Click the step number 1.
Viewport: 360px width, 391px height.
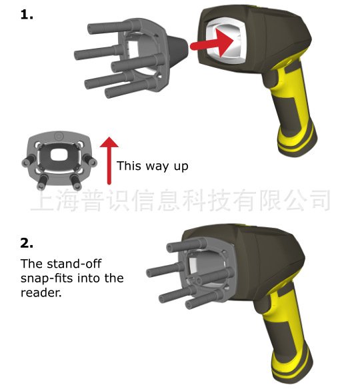[27, 15]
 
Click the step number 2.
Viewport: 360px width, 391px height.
[27, 242]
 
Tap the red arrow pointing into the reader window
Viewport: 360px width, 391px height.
[212, 43]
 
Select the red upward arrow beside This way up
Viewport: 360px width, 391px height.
[109, 161]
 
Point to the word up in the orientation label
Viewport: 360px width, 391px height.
[181, 167]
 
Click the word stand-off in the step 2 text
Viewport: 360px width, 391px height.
[74, 264]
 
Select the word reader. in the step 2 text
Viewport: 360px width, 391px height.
[41, 292]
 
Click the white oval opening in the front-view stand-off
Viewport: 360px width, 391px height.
[59, 155]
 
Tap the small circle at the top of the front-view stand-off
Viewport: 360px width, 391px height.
[59, 137]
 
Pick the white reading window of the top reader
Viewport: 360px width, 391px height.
[226, 41]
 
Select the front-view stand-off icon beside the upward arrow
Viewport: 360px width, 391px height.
[59, 160]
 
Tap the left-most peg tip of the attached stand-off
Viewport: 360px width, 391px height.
[149, 272]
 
